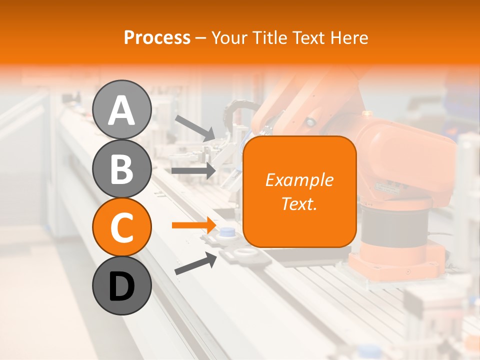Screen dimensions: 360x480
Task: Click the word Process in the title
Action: [157, 38]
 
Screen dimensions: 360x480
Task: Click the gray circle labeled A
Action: [121, 109]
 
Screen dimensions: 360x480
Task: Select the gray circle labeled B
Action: [121, 168]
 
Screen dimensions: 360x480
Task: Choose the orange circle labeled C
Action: [121, 227]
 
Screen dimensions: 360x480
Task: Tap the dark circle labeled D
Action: [121, 285]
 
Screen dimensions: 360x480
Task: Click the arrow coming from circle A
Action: [194, 127]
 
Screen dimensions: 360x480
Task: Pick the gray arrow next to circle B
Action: [193, 170]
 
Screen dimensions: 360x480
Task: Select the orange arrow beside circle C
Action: [193, 225]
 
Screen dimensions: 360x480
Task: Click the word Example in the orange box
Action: [299, 180]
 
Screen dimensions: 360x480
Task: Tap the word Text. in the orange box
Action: [299, 203]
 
